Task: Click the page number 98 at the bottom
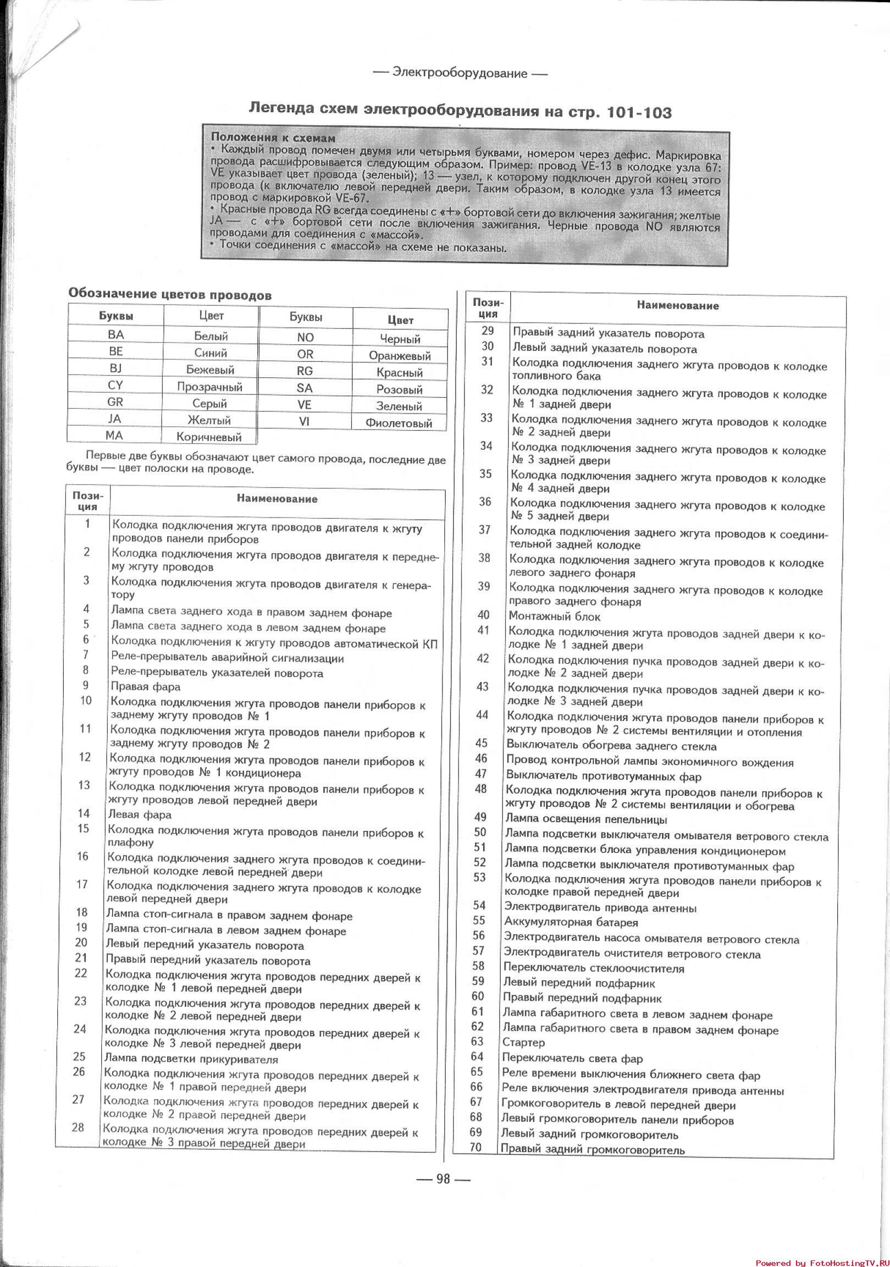443,1178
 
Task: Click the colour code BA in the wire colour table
116,334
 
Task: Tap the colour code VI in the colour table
304,421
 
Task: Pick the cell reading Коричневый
209,437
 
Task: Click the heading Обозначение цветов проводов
169,295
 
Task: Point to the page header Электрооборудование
460,73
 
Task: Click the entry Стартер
524,1043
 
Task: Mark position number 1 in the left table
87,524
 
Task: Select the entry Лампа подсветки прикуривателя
191,1059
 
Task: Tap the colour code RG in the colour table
305,371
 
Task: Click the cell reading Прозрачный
209,387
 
